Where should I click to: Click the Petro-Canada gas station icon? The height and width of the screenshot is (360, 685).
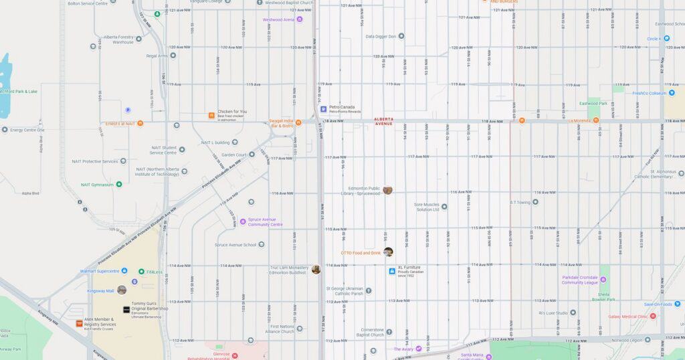323,108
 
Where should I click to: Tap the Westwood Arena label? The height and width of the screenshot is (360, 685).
278,19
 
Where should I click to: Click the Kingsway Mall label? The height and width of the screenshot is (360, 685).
100,290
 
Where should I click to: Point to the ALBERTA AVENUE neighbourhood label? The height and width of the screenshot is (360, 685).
384,121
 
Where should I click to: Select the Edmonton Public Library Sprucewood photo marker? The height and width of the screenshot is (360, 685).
387,190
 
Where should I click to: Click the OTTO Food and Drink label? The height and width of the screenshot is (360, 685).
361,253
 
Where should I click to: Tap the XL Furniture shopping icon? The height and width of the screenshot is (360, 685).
392,271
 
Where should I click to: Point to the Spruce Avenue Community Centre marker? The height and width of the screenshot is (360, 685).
243,221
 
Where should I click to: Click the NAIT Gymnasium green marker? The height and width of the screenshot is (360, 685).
119,184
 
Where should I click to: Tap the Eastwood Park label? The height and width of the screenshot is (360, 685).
593,103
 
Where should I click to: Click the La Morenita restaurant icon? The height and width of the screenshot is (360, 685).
595,120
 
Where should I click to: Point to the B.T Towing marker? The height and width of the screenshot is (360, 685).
535,201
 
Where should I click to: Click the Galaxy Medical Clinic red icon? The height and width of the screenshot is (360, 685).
653,317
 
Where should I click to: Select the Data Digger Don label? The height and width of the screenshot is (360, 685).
381,36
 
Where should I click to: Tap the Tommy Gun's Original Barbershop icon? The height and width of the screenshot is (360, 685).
126,309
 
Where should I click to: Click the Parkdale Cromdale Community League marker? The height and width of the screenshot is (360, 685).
565,279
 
